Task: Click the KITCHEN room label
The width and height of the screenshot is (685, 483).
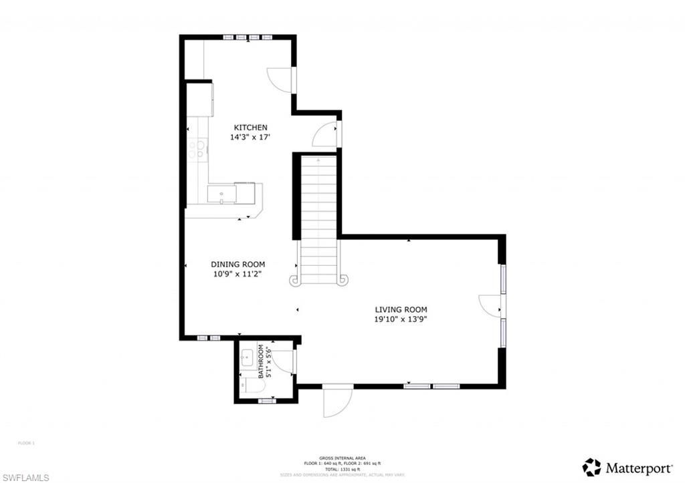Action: [x=250, y=128]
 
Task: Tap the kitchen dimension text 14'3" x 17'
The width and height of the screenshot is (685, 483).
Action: [x=250, y=137]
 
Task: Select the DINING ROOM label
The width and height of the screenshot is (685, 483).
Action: [x=238, y=264]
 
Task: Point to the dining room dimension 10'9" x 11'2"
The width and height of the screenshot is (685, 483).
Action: [x=238, y=273]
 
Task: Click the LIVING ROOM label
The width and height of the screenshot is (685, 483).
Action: [x=401, y=309]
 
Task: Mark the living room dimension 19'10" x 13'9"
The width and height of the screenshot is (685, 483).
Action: [x=401, y=319]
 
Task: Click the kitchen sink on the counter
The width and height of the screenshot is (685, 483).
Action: [x=221, y=193]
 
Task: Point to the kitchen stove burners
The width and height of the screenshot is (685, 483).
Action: [x=195, y=149]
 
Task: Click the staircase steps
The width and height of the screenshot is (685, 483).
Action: [x=318, y=214]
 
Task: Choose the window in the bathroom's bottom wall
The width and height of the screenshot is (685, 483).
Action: [x=267, y=401]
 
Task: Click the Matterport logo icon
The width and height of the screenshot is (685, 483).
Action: [x=591, y=467]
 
